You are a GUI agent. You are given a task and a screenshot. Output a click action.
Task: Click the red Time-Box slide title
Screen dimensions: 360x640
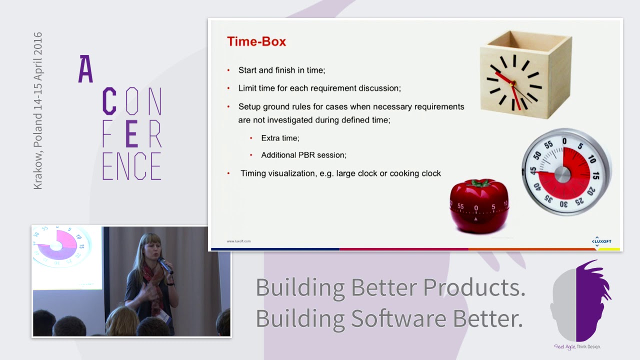pos(256,41)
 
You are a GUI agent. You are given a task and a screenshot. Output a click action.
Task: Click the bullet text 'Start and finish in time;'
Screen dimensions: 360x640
pos(281,70)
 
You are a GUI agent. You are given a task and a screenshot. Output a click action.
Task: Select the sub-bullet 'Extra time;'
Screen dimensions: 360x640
pos(280,138)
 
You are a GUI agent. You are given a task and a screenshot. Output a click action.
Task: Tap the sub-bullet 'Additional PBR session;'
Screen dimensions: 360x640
pos(303,155)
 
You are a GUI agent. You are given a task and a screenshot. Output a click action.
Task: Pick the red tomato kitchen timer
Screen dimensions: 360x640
pos(479,205)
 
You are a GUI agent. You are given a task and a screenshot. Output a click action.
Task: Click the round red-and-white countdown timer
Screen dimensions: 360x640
pos(565,172)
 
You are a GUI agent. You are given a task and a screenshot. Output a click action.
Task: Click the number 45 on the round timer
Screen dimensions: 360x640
pos(533,170)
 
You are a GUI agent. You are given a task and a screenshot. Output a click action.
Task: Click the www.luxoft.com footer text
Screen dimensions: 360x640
pos(238,241)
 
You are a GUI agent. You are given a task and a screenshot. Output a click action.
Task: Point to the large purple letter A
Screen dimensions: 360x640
pos(85,69)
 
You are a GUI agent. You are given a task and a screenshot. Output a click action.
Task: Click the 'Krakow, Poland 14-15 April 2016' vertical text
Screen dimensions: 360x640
pos(38,111)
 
